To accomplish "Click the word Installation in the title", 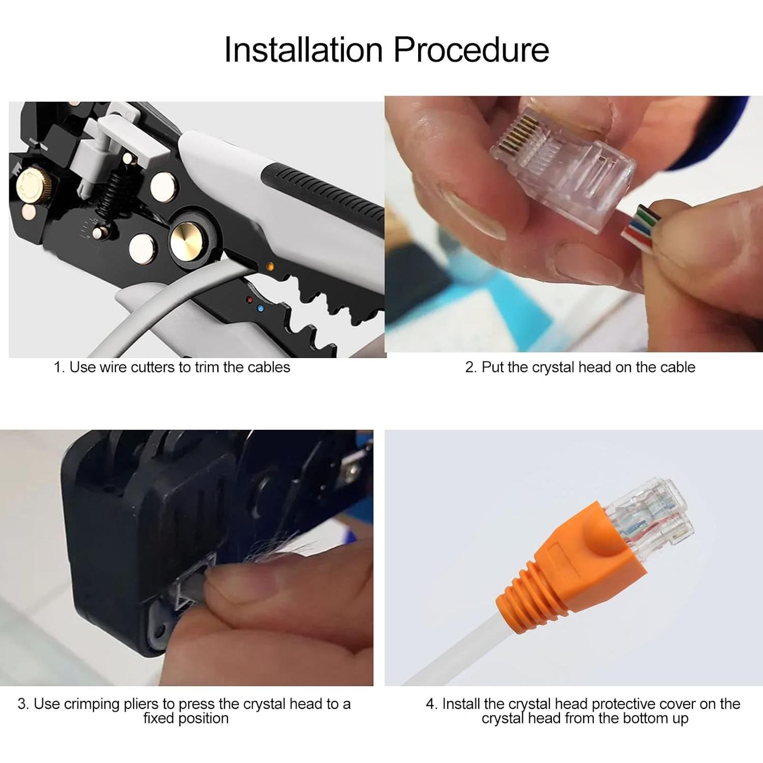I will (x=303, y=50).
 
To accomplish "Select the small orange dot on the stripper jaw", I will (x=270, y=266).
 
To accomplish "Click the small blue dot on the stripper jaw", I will (x=260, y=308).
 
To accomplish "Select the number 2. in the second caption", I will (x=471, y=367).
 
